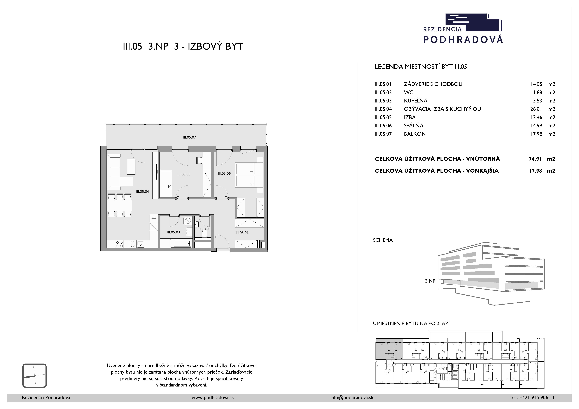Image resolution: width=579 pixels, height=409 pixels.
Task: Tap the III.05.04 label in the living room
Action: (x=142, y=192)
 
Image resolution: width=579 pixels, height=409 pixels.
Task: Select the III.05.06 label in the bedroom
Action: (x=224, y=173)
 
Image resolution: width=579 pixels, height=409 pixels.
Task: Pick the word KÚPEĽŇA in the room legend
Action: (x=416, y=101)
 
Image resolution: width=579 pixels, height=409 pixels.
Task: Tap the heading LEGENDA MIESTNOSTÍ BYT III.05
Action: (x=421, y=67)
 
